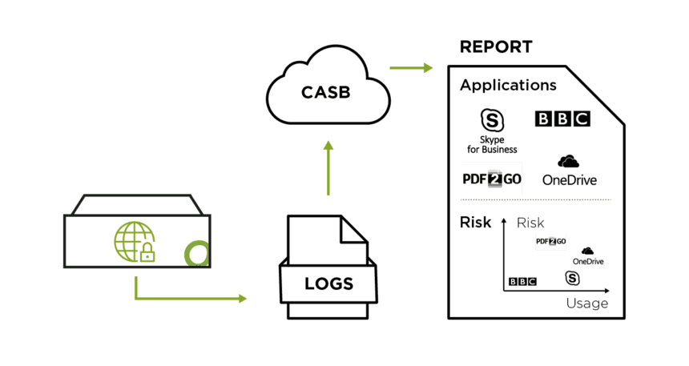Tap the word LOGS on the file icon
point(328,284)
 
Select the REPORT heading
point(496,46)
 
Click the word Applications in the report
point(508,85)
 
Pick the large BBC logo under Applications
point(562,119)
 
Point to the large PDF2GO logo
point(492,178)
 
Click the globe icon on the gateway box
point(130,240)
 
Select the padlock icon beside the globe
point(147,254)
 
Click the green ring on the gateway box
point(195,254)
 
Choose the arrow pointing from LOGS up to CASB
point(328,168)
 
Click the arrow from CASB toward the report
point(411,67)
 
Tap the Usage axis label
point(586,304)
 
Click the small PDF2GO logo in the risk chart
point(550,241)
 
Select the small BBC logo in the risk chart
point(523,281)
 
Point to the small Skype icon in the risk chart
point(572,278)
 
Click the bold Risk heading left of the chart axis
point(476,223)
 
